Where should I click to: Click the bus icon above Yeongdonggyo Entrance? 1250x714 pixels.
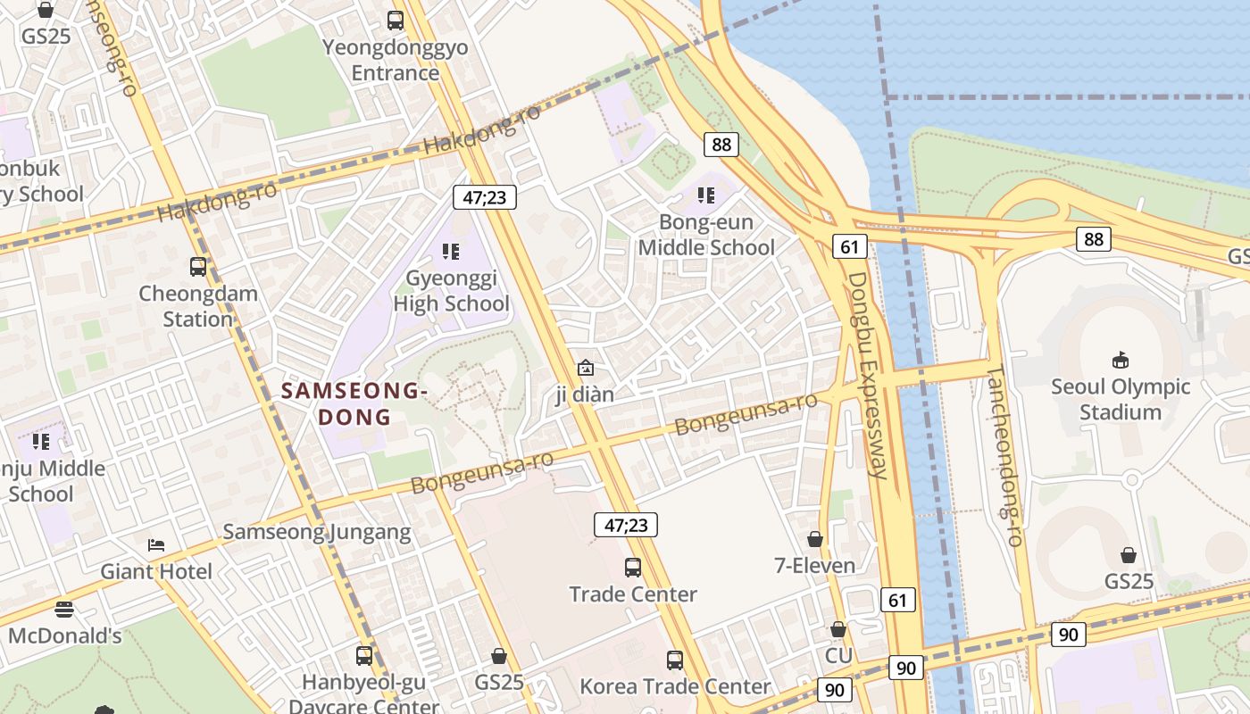(395, 20)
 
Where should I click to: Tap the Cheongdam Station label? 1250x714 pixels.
(197, 306)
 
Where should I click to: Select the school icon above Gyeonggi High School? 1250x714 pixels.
(451, 252)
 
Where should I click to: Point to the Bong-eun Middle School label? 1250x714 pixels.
(705, 235)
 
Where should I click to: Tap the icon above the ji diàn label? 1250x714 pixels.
(585, 367)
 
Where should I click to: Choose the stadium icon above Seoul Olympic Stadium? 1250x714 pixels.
(1120, 360)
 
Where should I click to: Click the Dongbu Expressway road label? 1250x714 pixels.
(868, 375)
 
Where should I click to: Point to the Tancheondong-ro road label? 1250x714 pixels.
(1004, 455)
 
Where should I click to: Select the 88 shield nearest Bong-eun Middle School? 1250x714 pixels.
(721, 144)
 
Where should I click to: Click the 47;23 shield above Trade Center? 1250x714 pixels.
(626, 525)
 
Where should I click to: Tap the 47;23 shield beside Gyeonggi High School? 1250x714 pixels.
(485, 197)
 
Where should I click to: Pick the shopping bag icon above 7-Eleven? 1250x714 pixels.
(814, 539)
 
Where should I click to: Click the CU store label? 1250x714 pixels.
(838, 656)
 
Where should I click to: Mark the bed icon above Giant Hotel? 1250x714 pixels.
(156, 544)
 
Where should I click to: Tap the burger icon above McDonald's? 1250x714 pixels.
(64, 610)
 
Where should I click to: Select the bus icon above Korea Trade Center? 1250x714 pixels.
(675, 660)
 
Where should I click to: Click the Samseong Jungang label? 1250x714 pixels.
(316, 533)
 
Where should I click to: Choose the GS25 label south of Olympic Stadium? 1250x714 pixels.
(1129, 581)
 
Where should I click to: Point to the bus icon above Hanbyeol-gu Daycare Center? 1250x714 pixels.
(364, 656)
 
